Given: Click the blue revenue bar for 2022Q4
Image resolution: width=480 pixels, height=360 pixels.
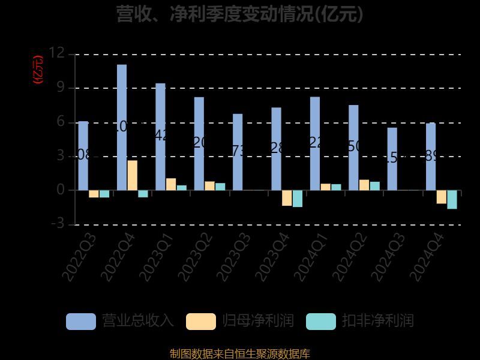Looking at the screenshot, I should pos(122,127).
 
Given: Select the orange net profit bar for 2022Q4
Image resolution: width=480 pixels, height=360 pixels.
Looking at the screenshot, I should pos(132,175).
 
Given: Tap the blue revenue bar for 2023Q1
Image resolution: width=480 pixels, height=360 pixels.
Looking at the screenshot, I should pos(160,137).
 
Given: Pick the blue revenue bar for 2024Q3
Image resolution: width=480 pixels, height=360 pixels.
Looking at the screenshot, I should pos(392,159).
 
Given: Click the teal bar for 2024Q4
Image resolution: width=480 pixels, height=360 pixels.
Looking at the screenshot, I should pos(452,199).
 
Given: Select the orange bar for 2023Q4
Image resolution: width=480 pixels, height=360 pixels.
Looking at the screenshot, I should pos(287,198).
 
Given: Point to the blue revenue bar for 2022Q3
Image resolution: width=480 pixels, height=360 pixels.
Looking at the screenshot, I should pos(83,155).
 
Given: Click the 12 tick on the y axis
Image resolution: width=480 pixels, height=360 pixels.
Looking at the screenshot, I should pos(57,53).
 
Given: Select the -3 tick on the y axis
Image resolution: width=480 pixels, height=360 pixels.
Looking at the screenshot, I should pos(57,224).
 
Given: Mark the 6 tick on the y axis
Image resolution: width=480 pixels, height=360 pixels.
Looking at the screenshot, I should pos(60,122).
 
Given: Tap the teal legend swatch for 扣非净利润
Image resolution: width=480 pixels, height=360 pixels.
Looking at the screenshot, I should pos(321,322).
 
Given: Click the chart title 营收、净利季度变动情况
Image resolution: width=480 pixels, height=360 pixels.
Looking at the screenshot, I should pos(240,13).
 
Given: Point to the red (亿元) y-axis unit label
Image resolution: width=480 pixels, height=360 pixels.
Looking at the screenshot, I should pos(38,70).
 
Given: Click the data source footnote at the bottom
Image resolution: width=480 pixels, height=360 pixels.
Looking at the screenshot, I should pos(240,353).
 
